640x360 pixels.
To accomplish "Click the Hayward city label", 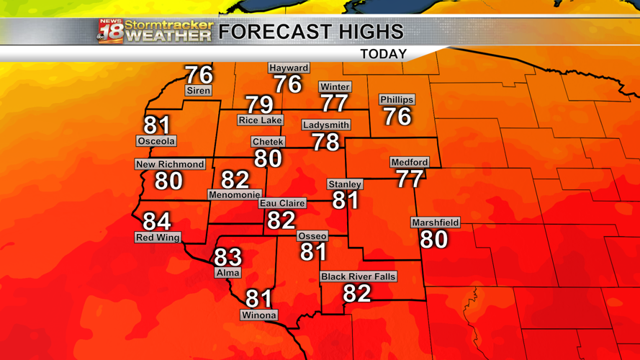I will point(289,68).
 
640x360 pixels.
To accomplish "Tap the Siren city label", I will point(198,91).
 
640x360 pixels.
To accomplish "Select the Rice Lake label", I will point(260,120).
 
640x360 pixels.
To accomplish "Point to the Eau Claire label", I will point(282,204).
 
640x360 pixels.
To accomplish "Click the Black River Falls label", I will point(359,276).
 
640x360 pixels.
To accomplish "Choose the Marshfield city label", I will point(436,223).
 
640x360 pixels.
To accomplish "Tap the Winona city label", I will point(259,315).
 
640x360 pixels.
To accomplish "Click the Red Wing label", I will point(158,238).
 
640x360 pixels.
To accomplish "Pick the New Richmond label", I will point(170,164).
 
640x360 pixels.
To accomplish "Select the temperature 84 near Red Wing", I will point(157,221).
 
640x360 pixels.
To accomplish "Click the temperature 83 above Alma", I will point(227,257).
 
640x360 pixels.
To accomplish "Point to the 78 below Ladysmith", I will point(325,142).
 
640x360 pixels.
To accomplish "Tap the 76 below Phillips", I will point(397,117).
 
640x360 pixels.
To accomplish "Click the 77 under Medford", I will point(410,179).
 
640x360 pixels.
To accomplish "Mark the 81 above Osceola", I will point(157,125).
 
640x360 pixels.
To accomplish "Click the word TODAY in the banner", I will point(383,54).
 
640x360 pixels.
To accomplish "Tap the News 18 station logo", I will point(111,31).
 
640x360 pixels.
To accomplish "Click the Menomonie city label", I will point(234,195).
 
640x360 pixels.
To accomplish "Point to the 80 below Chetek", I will point(268,158).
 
